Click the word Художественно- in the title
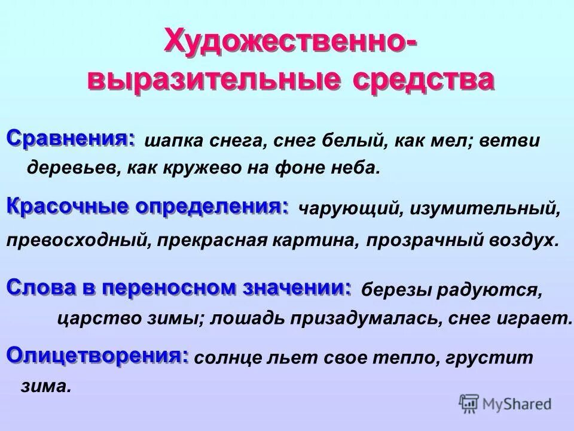(290, 44)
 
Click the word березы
(395, 290)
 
